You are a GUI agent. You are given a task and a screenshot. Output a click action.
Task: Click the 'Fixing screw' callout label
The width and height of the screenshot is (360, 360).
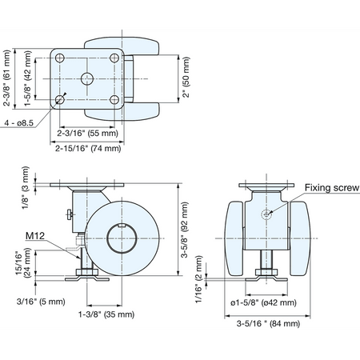pos(332,188)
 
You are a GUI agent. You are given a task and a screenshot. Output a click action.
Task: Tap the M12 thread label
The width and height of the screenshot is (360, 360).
pos(35,236)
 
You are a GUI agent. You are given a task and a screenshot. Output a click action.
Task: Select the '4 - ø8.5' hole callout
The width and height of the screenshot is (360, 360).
pos(19,123)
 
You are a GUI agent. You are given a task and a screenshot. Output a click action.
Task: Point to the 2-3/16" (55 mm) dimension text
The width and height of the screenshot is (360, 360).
pos(87,133)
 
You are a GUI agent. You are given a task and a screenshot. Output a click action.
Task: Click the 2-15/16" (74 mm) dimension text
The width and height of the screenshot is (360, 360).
pos(88,148)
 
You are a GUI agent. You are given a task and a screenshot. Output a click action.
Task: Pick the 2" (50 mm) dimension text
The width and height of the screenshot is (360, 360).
pos(186,77)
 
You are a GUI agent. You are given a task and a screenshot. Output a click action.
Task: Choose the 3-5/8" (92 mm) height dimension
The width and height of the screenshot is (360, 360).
pos(185,230)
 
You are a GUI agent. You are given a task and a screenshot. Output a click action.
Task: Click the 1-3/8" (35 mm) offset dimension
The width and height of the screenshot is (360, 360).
pos(106,314)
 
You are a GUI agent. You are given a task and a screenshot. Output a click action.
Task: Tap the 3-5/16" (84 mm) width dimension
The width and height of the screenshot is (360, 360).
pos(268,323)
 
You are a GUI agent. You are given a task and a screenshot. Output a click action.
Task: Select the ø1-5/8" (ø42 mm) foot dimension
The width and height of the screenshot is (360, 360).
pos(263,302)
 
